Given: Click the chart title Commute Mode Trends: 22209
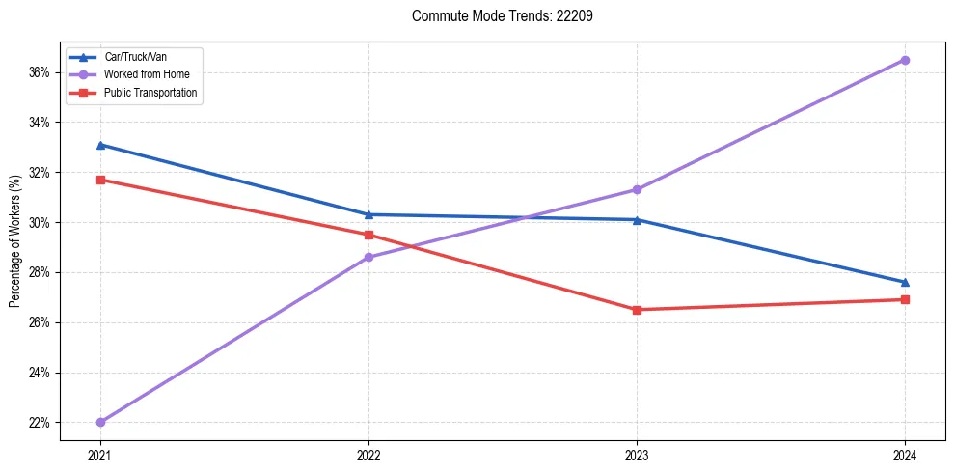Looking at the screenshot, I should (x=495, y=16).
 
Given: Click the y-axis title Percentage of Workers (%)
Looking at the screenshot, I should (x=15, y=241).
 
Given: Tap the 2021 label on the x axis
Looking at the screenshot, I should (x=100, y=454).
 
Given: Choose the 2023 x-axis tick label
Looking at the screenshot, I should (x=637, y=454).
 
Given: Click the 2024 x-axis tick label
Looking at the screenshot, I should (x=905, y=454).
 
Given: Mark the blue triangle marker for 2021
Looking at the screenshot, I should (x=100, y=145).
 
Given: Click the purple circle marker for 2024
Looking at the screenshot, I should (x=905, y=60).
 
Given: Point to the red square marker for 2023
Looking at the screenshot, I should (x=637, y=310).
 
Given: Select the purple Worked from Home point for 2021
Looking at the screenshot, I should (x=100, y=422).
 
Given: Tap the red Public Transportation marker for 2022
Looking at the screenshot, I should (x=368, y=235).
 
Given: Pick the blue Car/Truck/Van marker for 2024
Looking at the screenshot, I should (x=905, y=282).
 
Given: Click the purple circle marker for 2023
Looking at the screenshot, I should (x=637, y=189).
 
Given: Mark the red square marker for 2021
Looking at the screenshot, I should (x=100, y=180).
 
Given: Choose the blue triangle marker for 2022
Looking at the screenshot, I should (x=368, y=214).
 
